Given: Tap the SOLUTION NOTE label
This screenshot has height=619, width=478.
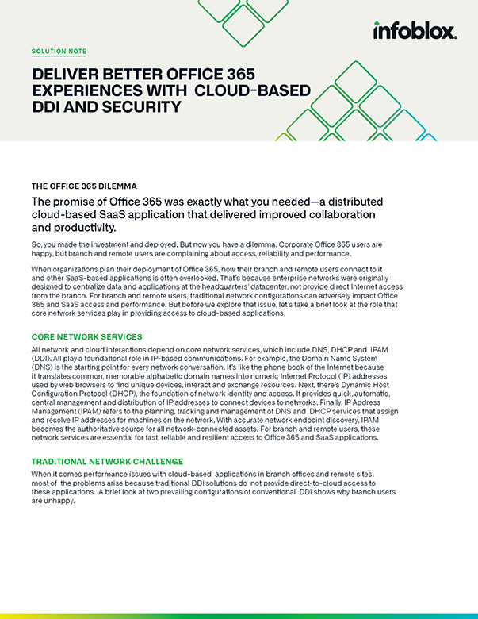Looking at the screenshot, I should [59, 51].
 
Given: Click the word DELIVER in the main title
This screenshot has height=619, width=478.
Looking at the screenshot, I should [62, 75].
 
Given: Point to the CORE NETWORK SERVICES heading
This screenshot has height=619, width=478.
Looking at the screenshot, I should [86, 337].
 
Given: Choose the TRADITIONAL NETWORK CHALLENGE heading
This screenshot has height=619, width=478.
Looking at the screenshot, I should [106, 461].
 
